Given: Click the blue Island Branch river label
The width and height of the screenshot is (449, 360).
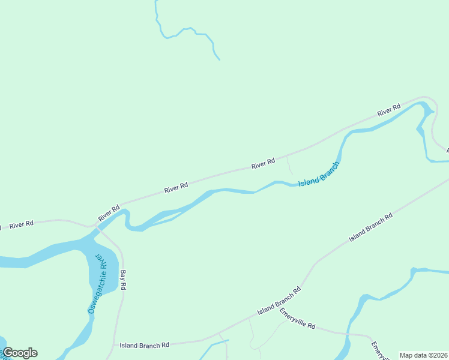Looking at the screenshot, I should tap(319, 173).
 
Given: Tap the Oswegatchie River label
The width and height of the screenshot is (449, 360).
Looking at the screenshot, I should tap(97, 285).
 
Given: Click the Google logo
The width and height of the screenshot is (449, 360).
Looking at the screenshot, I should tap(20, 353).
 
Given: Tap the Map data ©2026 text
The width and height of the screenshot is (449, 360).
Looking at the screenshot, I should tap(424, 355).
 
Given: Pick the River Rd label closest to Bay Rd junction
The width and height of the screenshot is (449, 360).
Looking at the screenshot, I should tap(109, 213).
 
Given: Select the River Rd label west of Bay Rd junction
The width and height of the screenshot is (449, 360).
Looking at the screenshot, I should tap(21, 224).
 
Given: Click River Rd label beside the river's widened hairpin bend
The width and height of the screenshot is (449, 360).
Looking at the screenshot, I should tap(388, 110).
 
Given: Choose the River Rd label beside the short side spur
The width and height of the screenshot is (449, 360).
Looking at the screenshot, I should tap(263, 162).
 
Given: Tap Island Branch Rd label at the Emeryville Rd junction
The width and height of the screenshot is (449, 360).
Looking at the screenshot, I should tap(279, 301).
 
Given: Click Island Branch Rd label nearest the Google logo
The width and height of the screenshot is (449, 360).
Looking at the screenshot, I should tap(144, 345).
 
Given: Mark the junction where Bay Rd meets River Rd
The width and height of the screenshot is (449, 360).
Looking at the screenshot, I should tap(96, 227).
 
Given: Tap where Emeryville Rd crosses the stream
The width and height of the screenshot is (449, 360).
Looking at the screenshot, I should tap(348, 334).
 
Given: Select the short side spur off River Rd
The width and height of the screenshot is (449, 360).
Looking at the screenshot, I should tap(289, 163).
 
